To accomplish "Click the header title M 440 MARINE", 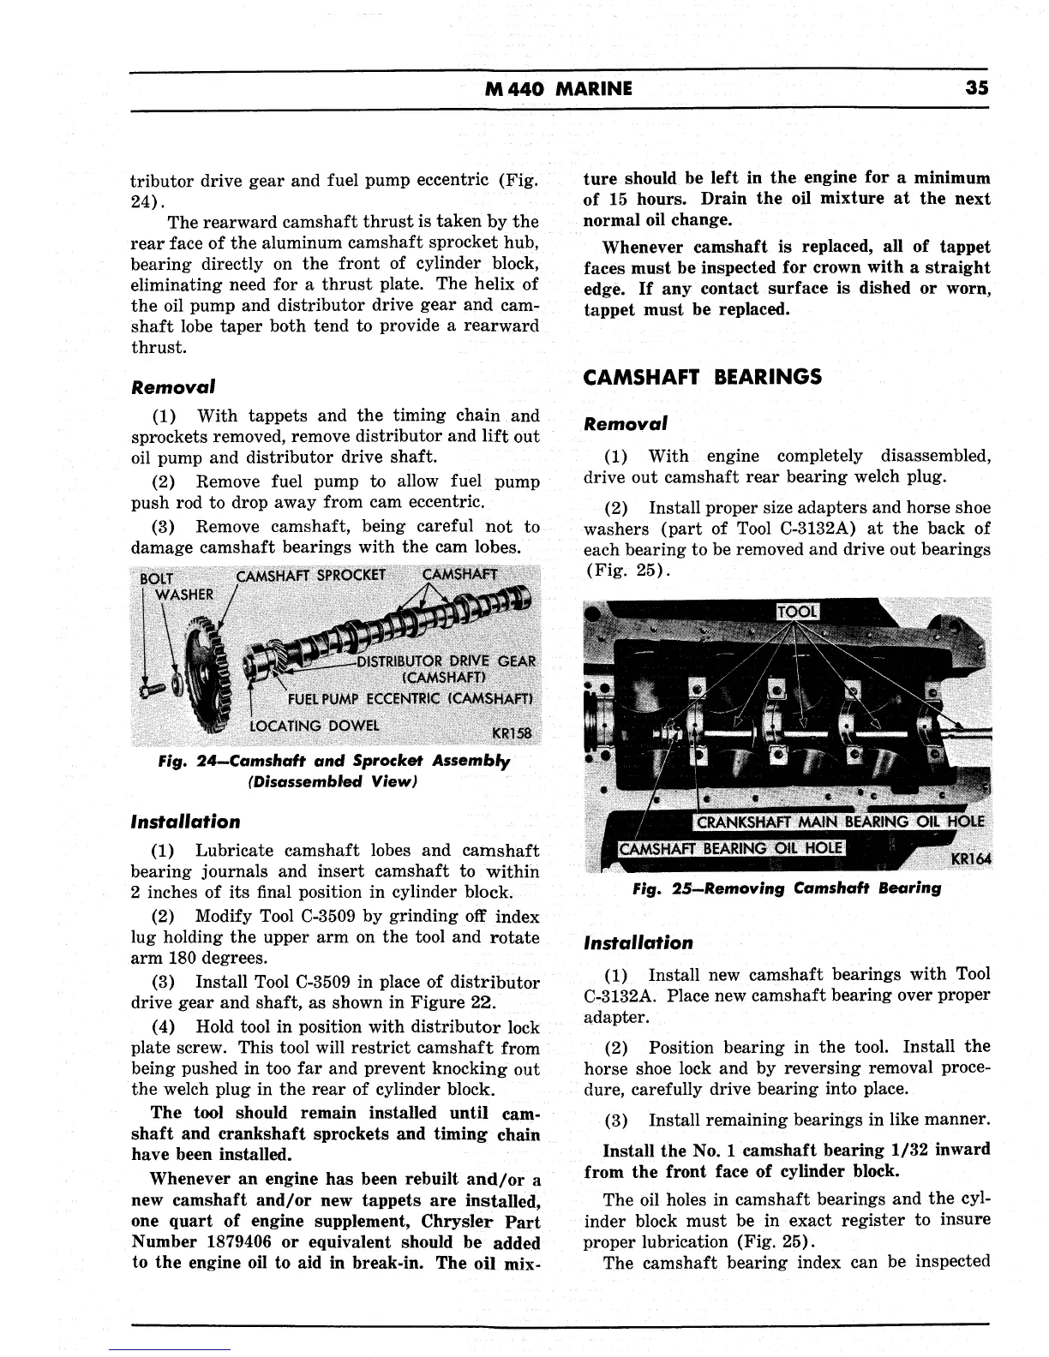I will (x=558, y=88).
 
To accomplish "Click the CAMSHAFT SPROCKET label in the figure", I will (x=311, y=574).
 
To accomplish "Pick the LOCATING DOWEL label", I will (x=313, y=726).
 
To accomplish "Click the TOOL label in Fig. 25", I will (x=797, y=611).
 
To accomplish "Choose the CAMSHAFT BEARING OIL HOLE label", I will (x=731, y=849).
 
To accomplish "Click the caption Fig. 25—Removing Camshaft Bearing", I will (x=786, y=888).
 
